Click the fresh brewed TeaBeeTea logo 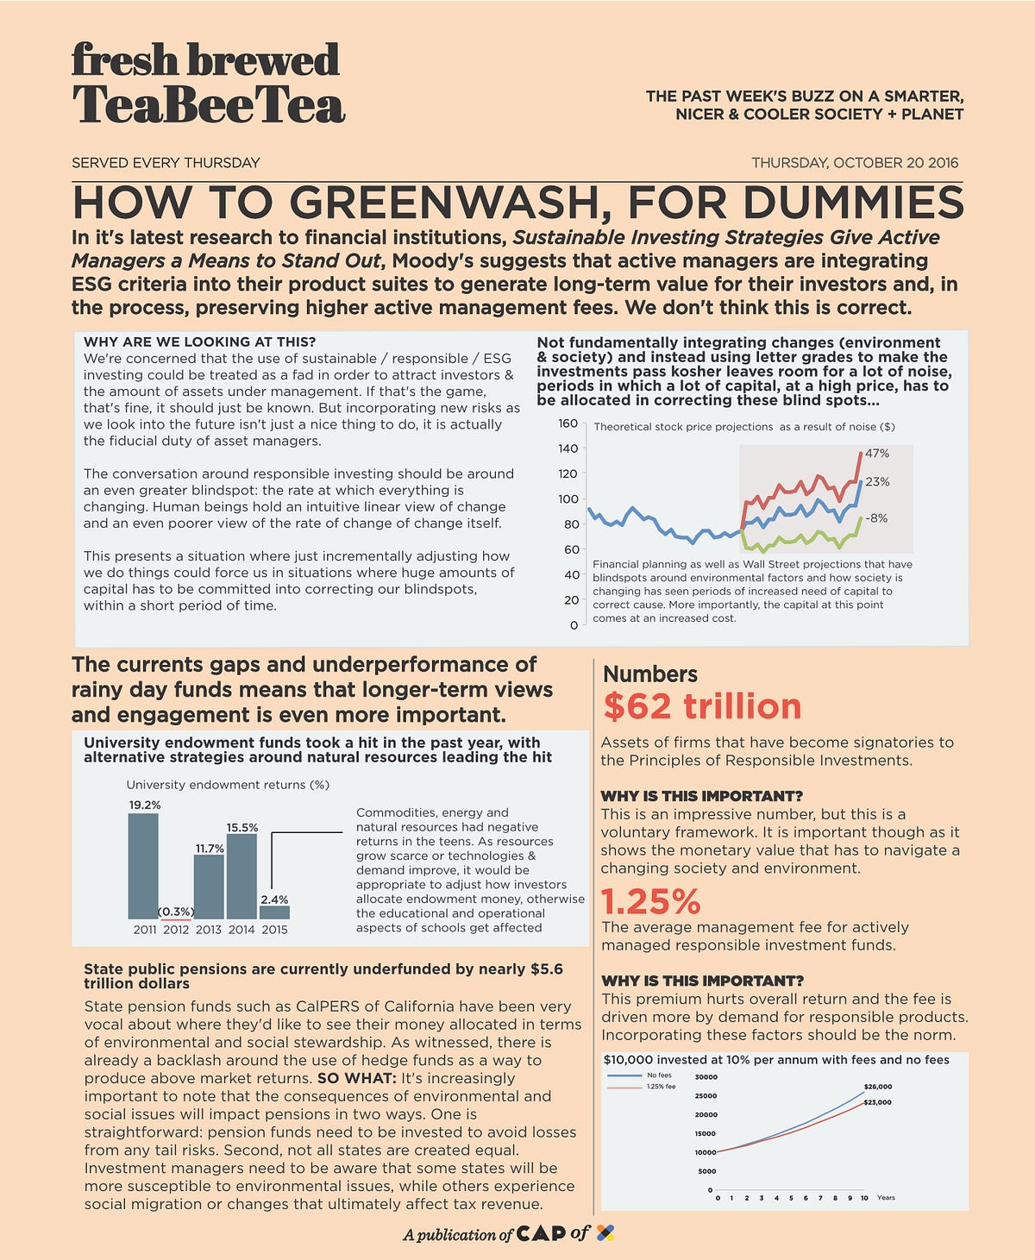(x=207, y=84)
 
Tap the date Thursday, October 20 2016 (x=854, y=163)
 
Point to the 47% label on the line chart (x=877, y=454)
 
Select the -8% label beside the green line (x=877, y=518)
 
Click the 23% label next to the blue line (x=877, y=482)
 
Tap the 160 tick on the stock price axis (x=568, y=423)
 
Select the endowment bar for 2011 (x=143, y=866)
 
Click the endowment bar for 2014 (x=241, y=876)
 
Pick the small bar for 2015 (x=274, y=912)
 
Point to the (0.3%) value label (x=176, y=912)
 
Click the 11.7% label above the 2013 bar (x=210, y=849)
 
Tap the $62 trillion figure (x=702, y=706)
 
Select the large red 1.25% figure (x=650, y=902)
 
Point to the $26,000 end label (x=877, y=1087)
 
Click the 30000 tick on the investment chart (x=705, y=1077)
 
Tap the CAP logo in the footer (x=540, y=1234)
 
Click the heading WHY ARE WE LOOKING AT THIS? (x=199, y=342)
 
